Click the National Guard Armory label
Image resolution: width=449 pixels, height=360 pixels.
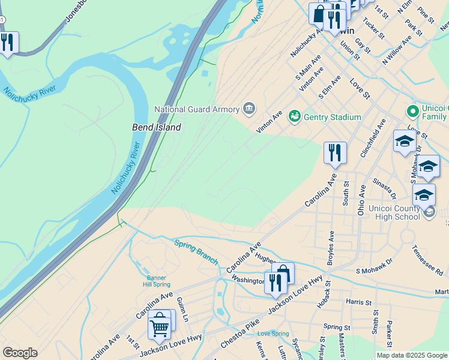pyautogui.click(x=197, y=109)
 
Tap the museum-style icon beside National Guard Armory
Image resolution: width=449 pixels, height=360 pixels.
pyautogui.click(x=249, y=109)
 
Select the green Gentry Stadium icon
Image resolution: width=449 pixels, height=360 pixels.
pyautogui.click(x=294, y=116)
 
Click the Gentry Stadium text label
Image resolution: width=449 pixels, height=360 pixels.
pyautogui.click(x=332, y=117)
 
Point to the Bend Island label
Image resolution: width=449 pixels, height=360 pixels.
pyautogui.click(x=157, y=127)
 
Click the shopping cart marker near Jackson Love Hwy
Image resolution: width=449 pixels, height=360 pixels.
pyautogui.click(x=160, y=326)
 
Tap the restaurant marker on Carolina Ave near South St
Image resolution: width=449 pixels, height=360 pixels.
pyautogui.click(x=334, y=152)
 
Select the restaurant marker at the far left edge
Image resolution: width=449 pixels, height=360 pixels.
pyautogui.click(x=7, y=43)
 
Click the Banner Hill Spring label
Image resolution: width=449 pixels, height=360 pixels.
pyautogui.click(x=158, y=281)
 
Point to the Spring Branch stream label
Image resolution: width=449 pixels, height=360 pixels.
pyautogui.click(x=197, y=252)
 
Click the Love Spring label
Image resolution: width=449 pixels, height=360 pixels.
pyautogui.click(x=272, y=334)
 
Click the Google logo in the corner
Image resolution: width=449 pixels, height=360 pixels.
pyautogui.click(x=20, y=352)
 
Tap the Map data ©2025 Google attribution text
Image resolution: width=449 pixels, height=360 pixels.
pyautogui.click(x=412, y=355)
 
